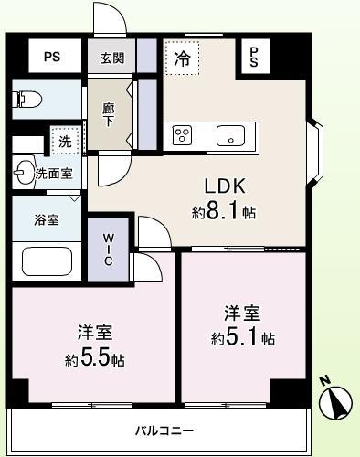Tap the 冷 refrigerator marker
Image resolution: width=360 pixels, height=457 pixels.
tap(183, 58)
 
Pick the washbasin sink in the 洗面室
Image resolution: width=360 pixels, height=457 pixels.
tap(24, 171)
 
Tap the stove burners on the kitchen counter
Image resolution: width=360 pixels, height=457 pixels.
tap(183, 134)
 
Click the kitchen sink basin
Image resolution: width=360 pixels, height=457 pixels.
tap(228, 135)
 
